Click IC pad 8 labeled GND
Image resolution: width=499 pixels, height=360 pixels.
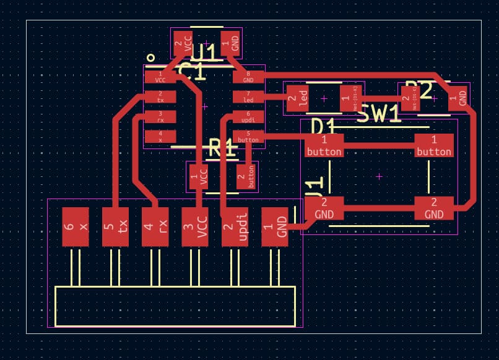[248, 77]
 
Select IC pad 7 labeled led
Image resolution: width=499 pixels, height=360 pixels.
[248, 96]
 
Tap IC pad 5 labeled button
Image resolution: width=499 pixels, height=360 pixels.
[248, 137]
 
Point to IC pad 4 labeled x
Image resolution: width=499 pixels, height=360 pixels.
[160, 137]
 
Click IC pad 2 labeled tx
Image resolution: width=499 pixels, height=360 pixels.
[160, 96]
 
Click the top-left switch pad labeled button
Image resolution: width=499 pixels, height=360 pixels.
[324, 145]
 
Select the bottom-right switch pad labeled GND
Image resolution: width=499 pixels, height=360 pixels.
[434, 208]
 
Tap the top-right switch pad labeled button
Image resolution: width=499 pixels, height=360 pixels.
[434, 145]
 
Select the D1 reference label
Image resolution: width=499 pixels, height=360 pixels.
[323, 127]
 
